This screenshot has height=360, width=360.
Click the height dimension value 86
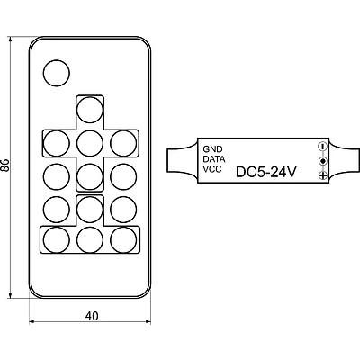click(x=5, y=165)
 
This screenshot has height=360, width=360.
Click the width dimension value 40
click(x=92, y=316)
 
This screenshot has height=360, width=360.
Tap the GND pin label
click(x=212, y=149)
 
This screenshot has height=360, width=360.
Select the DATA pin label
click(x=214, y=159)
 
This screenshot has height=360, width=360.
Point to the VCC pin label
click(x=212, y=169)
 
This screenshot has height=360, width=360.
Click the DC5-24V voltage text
click(x=266, y=172)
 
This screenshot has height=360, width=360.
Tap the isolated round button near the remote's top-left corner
click(x=57, y=73)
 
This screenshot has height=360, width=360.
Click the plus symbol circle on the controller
click(x=323, y=175)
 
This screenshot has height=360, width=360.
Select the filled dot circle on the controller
click(x=323, y=161)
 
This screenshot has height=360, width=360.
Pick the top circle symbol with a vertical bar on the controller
click(x=323, y=147)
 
